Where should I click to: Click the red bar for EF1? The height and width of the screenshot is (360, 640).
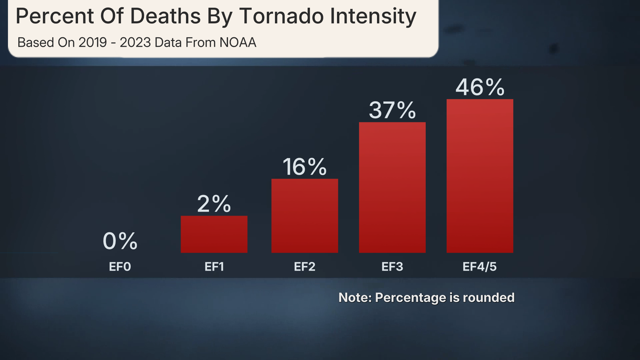click(214, 234)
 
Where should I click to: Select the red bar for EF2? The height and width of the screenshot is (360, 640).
click(305, 216)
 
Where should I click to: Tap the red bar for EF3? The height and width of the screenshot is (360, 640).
click(392, 187)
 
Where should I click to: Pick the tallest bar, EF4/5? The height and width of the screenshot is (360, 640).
click(480, 176)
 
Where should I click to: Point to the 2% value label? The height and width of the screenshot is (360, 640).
click(214, 204)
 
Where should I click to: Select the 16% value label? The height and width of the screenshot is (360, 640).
click(305, 167)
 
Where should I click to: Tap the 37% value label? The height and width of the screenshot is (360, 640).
click(392, 110)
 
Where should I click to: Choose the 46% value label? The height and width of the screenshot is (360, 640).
click(480, 87)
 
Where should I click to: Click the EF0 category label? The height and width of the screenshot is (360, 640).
click(120, 267)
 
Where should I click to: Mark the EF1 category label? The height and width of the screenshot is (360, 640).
click(214, 267)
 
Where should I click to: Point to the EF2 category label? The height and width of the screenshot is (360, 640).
click(305, 267)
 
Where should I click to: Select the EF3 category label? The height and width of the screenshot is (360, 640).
click(392, 267)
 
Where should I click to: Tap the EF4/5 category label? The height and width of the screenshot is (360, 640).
click(480, 267)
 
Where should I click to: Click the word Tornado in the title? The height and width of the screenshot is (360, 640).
click(281, 16)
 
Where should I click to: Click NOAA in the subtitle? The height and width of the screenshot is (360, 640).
click(238, 43)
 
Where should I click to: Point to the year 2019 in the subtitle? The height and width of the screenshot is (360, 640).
click(93, 43)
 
